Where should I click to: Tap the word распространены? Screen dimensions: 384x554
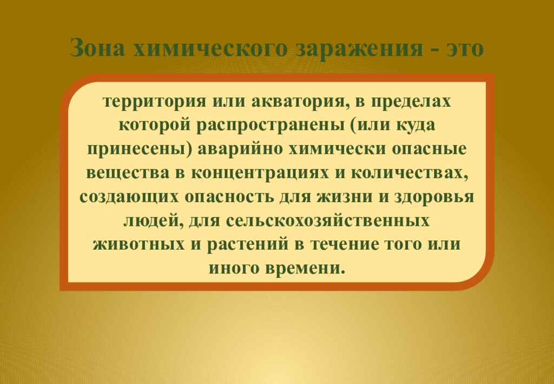(x=270, y=125)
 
